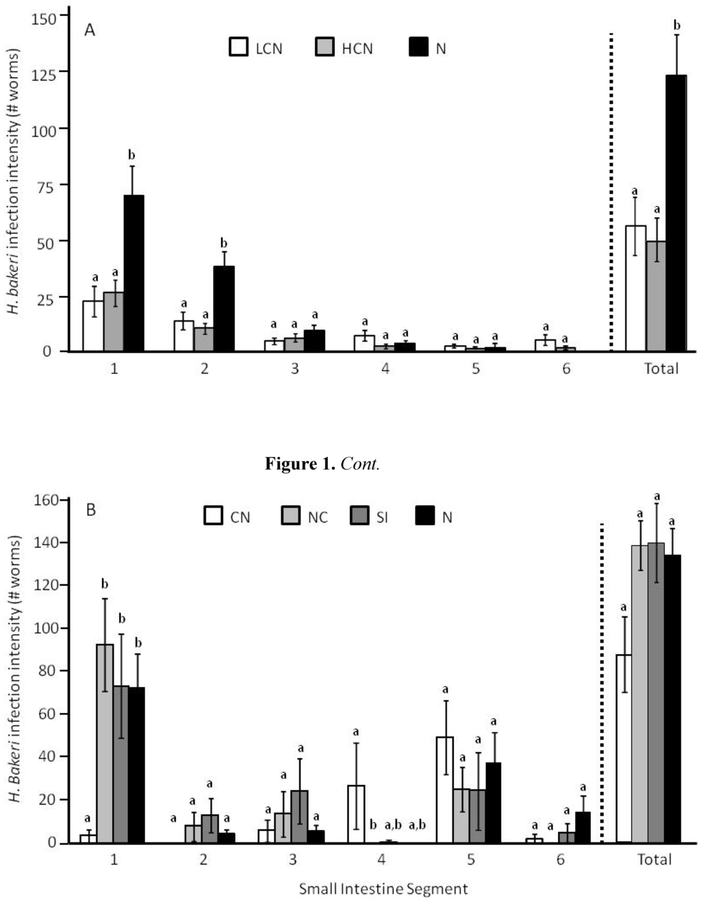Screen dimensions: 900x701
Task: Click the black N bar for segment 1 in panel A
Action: [133, 273]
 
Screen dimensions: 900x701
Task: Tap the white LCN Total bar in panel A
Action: [635, 288]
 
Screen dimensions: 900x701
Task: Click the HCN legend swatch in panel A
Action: [324, 48]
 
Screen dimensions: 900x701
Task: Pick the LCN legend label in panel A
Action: [268, 49]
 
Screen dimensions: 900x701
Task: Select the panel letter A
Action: [89, 30]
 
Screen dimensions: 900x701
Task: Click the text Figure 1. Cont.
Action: [322, 464]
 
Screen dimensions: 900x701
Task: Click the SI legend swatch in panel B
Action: [359, 516]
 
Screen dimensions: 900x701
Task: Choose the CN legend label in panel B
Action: [240, 517]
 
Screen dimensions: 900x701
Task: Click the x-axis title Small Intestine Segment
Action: [383, 888]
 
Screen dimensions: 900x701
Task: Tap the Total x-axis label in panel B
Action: [654, 860]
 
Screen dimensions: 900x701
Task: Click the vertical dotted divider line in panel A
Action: [611, 192]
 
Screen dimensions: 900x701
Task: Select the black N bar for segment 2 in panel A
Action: [224, 309]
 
